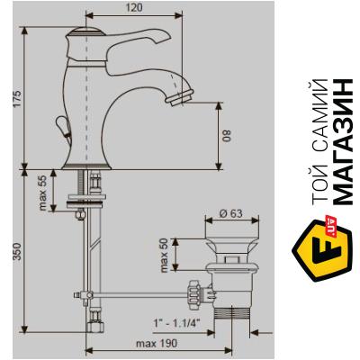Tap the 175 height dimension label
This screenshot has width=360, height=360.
click(x=17, y=99)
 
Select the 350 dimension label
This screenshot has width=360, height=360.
click(x=17, y=251)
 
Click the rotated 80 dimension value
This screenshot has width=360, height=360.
click(x=228, y=135)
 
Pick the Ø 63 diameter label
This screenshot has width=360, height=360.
click(x=230, y=213)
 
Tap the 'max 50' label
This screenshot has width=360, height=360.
click(x=165, y=256)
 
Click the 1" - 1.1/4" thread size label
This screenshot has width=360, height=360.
click(x=177, y=323)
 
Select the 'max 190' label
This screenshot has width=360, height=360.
click(x=156, y=344)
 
